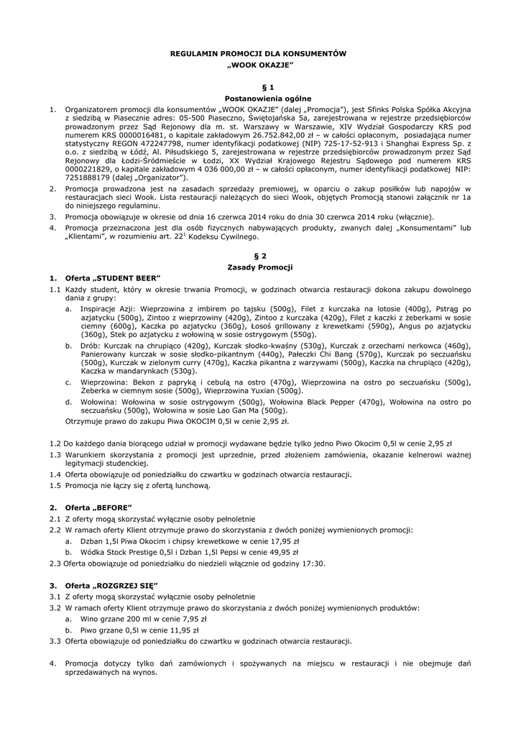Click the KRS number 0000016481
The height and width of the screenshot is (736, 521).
138,133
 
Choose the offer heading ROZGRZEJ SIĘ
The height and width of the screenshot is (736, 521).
129,586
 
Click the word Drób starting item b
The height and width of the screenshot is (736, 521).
90,345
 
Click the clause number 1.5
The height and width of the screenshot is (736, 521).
55,485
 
